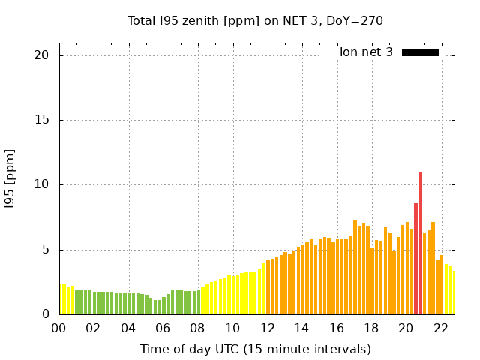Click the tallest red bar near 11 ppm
coord(420,244)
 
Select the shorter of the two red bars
coord(415,259)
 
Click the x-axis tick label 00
coord(58,328)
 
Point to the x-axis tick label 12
coord(267,328)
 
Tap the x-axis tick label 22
coord(441,328)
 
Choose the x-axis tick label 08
coord(197,328)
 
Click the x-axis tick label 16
coord(337,328)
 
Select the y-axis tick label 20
coord(41,55)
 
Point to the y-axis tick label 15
coord(41,120)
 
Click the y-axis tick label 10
coord(41,185)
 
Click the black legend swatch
coord(420,52)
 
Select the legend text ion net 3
coord(366,52)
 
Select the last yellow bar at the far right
coord(451,291)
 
